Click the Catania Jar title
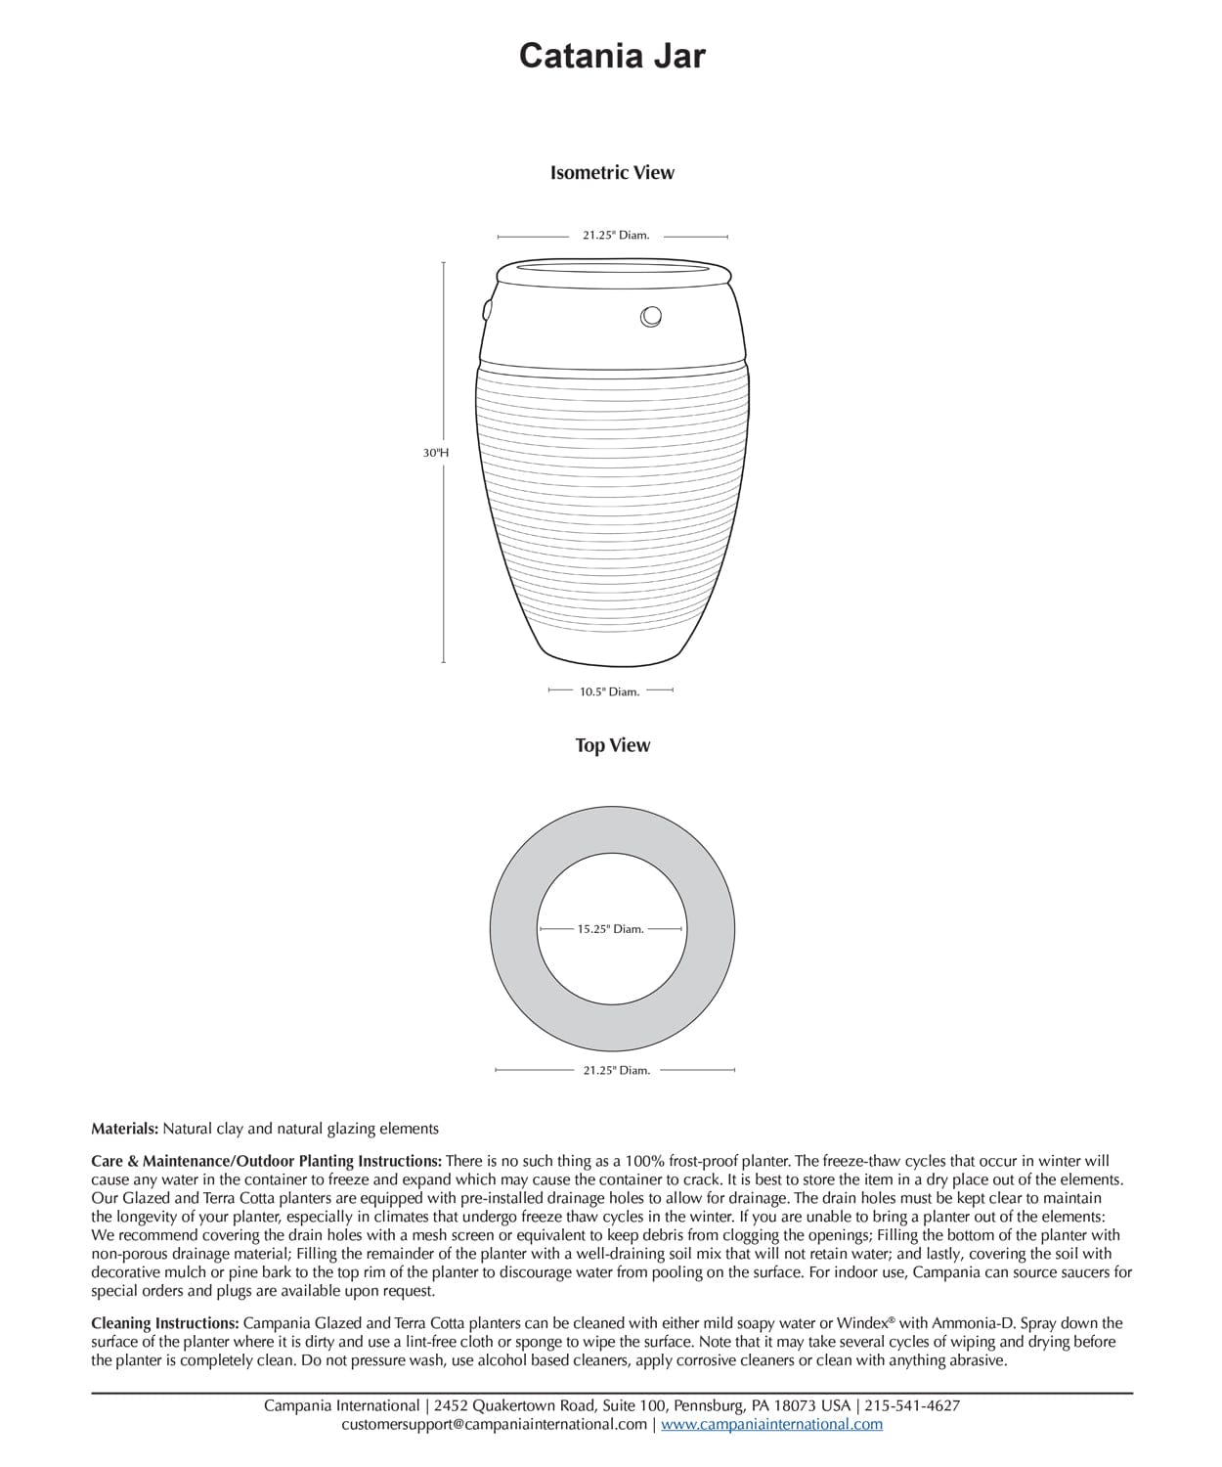click(612, 56)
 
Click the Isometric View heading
click(612, 173)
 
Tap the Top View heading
click(612, 745)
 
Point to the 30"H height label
click(436, 453)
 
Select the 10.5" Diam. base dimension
click(609, 691)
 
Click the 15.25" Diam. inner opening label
click(610, 929)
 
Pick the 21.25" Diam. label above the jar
click(616, 236)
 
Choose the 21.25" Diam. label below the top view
click(616, 1070)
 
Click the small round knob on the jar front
click(651, 316)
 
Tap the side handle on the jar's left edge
click(487, 308)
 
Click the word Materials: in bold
click(124, 1129)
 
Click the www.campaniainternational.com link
click(771, 1424)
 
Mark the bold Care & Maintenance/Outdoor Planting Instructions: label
click(266, 1161)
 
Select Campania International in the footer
click(341, 1405)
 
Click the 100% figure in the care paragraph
click(633, 1161)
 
